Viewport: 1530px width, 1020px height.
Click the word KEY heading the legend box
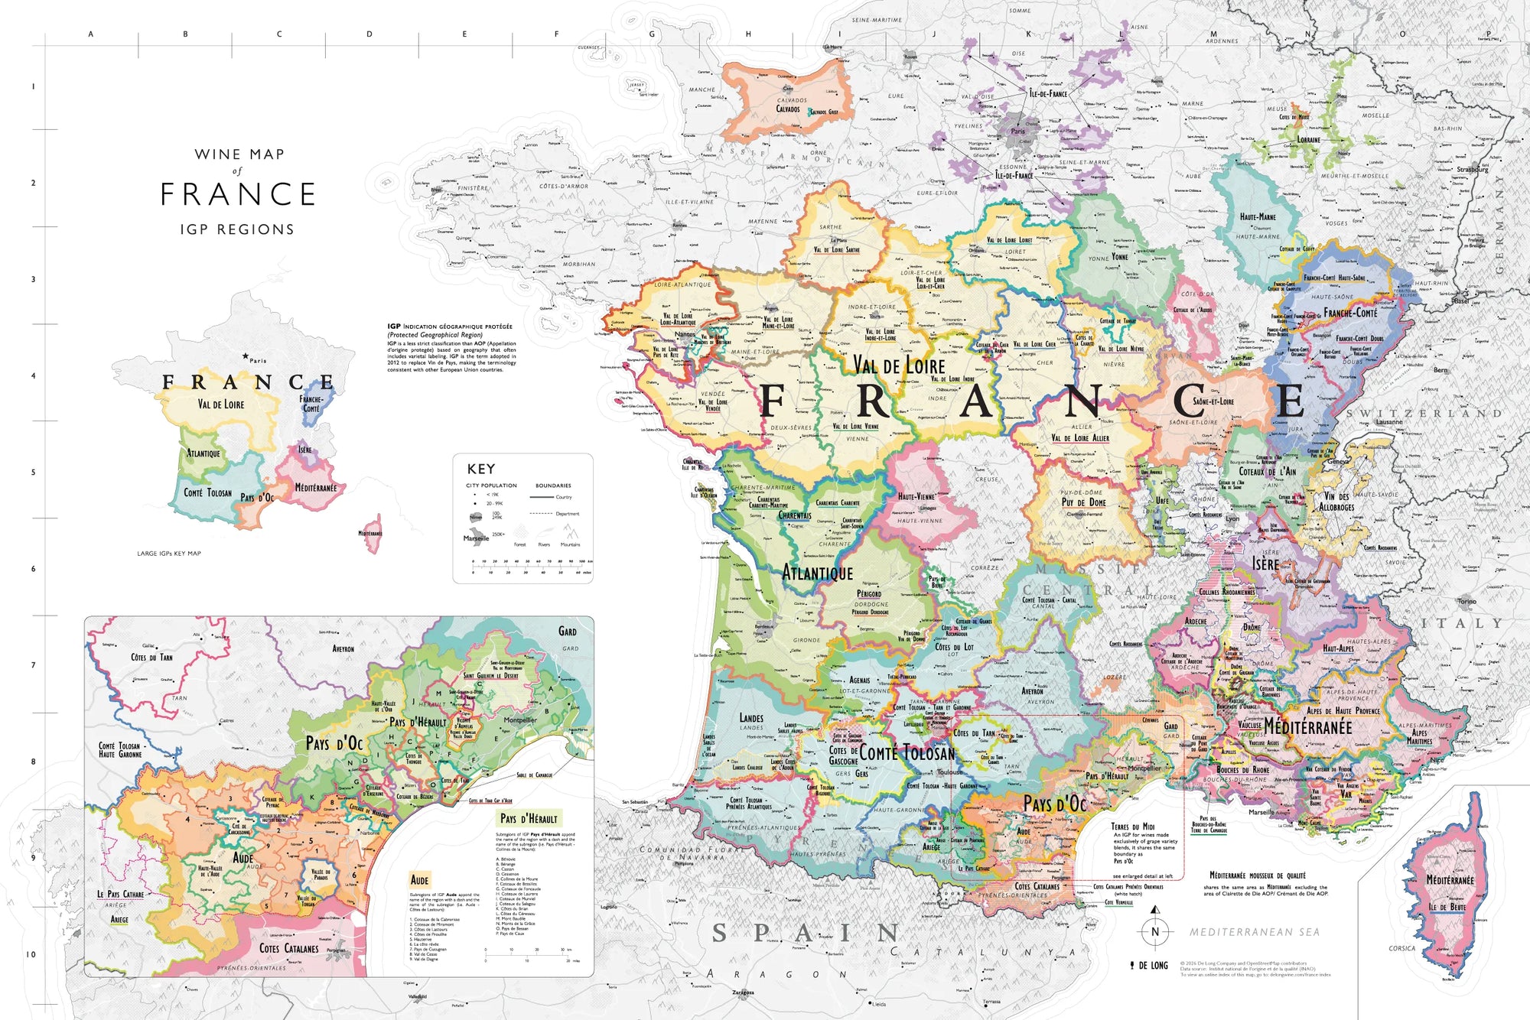481,469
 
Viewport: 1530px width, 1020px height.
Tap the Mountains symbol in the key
569,533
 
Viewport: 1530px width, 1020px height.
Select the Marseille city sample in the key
476,538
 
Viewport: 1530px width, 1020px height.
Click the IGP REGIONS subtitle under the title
237,229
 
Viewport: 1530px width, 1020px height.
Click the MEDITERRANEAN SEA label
1254,932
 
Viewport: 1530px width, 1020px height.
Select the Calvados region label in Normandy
788,109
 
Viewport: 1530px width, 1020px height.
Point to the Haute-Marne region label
1257,217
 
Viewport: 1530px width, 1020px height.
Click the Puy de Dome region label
1083,502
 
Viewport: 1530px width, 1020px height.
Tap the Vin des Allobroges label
1336,502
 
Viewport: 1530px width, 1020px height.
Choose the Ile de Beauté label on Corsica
1447,907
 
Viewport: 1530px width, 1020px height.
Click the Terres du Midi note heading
1133,827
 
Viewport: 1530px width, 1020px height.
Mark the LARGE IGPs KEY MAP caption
169,554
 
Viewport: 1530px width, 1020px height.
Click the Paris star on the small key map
245,356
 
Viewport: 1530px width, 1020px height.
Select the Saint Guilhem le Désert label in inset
490,676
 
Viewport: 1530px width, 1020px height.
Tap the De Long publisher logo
1149,966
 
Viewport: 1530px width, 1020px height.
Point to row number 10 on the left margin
31,954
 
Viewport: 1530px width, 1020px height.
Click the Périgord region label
868,594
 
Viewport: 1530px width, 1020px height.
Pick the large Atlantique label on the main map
817,573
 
